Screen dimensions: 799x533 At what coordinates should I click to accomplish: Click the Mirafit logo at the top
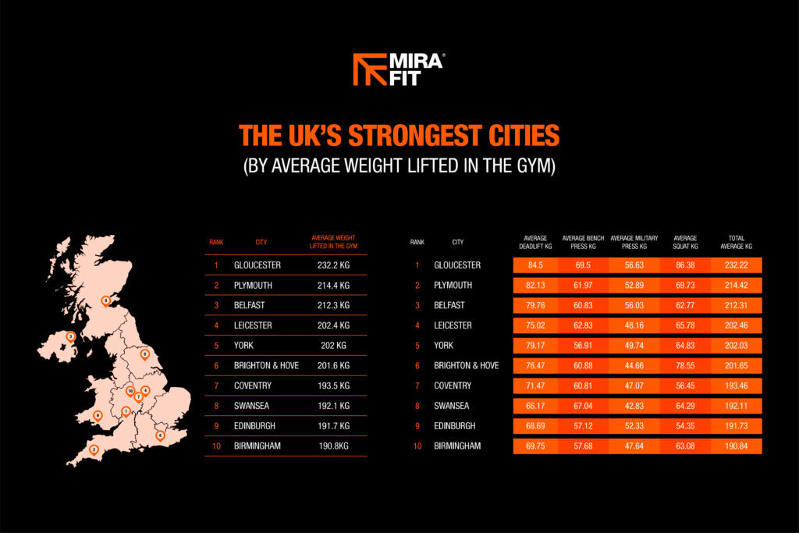point(399,69)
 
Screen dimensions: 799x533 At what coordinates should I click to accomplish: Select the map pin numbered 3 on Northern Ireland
point(71,337)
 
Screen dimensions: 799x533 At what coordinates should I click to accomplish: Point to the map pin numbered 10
point(130,392)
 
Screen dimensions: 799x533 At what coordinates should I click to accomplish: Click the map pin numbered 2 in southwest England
point(94,450)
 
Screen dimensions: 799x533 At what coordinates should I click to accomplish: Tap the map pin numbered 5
point(144,354)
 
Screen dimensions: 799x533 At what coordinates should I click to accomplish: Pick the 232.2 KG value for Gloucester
point(334,265)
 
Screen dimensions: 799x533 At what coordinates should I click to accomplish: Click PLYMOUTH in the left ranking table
point(253,286)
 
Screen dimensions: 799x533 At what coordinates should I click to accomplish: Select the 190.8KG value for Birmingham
point(334,446)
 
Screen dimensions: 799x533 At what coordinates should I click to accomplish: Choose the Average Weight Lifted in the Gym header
point(334,242)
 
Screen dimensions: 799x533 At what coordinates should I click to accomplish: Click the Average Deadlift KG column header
point(535,242)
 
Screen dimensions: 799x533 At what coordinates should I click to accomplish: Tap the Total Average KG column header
point(737,242)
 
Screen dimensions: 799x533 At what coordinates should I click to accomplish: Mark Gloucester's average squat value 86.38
point(685,265)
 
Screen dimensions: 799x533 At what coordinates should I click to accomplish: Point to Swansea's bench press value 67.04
point(583,406)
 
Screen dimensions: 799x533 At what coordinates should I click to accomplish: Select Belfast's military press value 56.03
point(634,305)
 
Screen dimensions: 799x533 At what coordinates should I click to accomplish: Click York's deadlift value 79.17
point(535,346)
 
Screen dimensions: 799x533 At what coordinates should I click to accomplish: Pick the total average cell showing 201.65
point(737,365)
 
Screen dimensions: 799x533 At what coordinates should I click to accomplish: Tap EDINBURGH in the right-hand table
point(455,426)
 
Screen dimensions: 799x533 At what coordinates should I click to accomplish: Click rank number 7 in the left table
point(216,386)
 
